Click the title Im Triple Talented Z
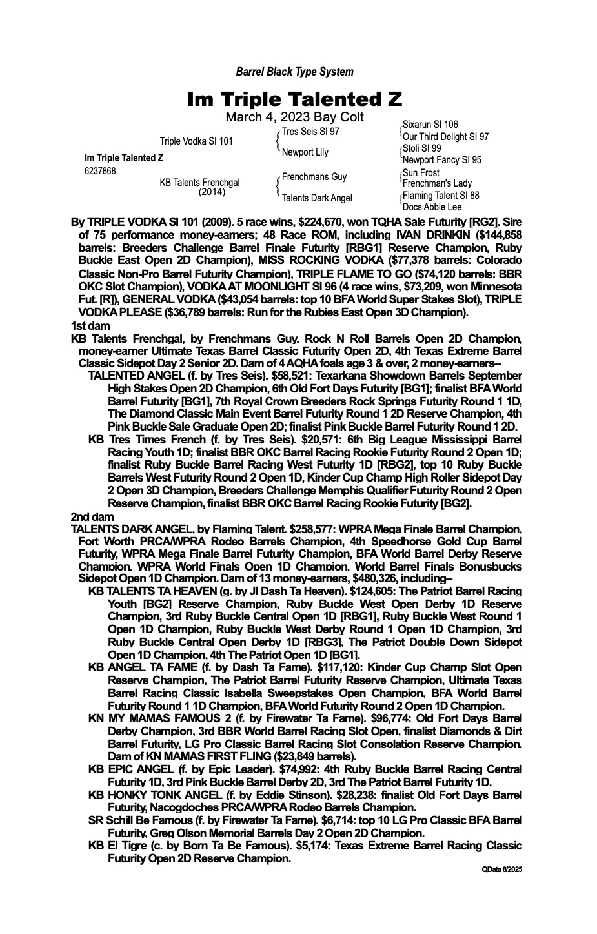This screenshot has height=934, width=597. tap(294, 99)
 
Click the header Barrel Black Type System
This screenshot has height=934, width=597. tap(294, 72)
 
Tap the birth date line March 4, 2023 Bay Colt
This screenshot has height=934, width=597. tap(294, 117)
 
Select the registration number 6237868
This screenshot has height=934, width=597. tap(100, 171)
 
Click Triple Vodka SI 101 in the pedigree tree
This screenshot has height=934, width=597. tap(196, 141)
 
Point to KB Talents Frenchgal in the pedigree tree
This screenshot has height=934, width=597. tap(199, 183)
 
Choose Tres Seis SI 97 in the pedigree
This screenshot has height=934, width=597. tap(310, 131)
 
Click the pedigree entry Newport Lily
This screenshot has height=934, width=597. tap(305, 152)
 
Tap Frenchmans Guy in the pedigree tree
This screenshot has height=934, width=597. tap(314, 177)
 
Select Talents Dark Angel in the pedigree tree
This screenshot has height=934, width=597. tap(318, 198)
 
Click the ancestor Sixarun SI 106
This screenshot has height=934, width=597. tap(430, 125)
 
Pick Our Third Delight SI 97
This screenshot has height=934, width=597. tap(445, 137)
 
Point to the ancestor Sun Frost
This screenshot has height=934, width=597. tap(421, 173)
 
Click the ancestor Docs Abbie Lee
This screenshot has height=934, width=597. tap(432, 207)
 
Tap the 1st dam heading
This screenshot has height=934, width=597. tap(90, 326)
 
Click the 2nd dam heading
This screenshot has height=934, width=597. tap(92, 517)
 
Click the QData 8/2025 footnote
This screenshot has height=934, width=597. tap(501, 870)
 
